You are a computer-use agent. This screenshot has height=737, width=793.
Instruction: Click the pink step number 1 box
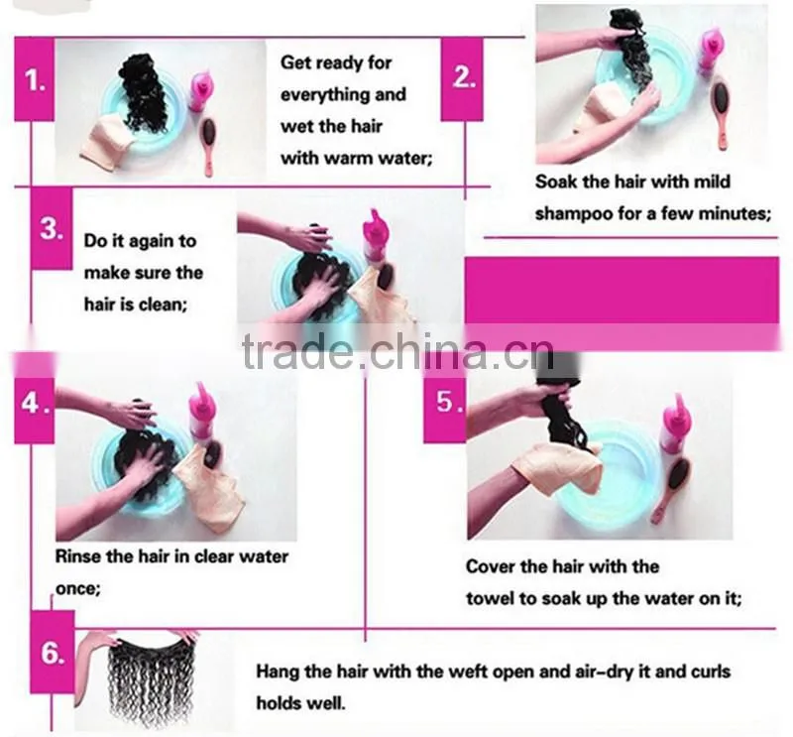[34, 79]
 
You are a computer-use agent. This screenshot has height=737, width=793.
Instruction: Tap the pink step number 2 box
[462, 79]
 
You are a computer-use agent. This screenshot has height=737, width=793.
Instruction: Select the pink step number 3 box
[52, 229]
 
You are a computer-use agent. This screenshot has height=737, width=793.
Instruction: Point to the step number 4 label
[34, 403]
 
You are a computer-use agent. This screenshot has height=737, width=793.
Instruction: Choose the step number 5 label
[444, 403]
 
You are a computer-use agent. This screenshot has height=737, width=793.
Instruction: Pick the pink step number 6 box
[53, 652]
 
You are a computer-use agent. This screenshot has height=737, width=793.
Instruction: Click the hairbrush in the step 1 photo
[207, 147]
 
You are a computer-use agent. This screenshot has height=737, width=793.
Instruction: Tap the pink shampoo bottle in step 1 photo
[201, 91]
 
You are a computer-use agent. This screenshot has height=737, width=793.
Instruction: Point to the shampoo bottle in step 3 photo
[378, 237]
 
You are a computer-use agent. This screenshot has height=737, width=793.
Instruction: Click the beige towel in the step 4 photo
[210, 487]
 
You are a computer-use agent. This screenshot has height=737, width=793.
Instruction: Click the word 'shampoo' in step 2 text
[572, 214]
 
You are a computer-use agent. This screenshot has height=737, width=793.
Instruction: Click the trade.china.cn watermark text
[398, 351]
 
